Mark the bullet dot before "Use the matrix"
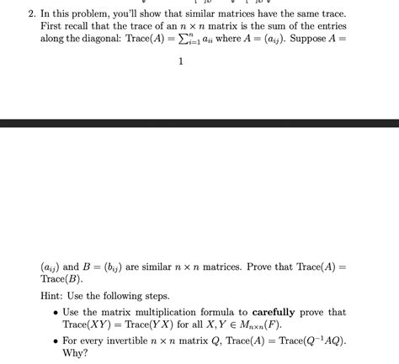coord(55,313)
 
